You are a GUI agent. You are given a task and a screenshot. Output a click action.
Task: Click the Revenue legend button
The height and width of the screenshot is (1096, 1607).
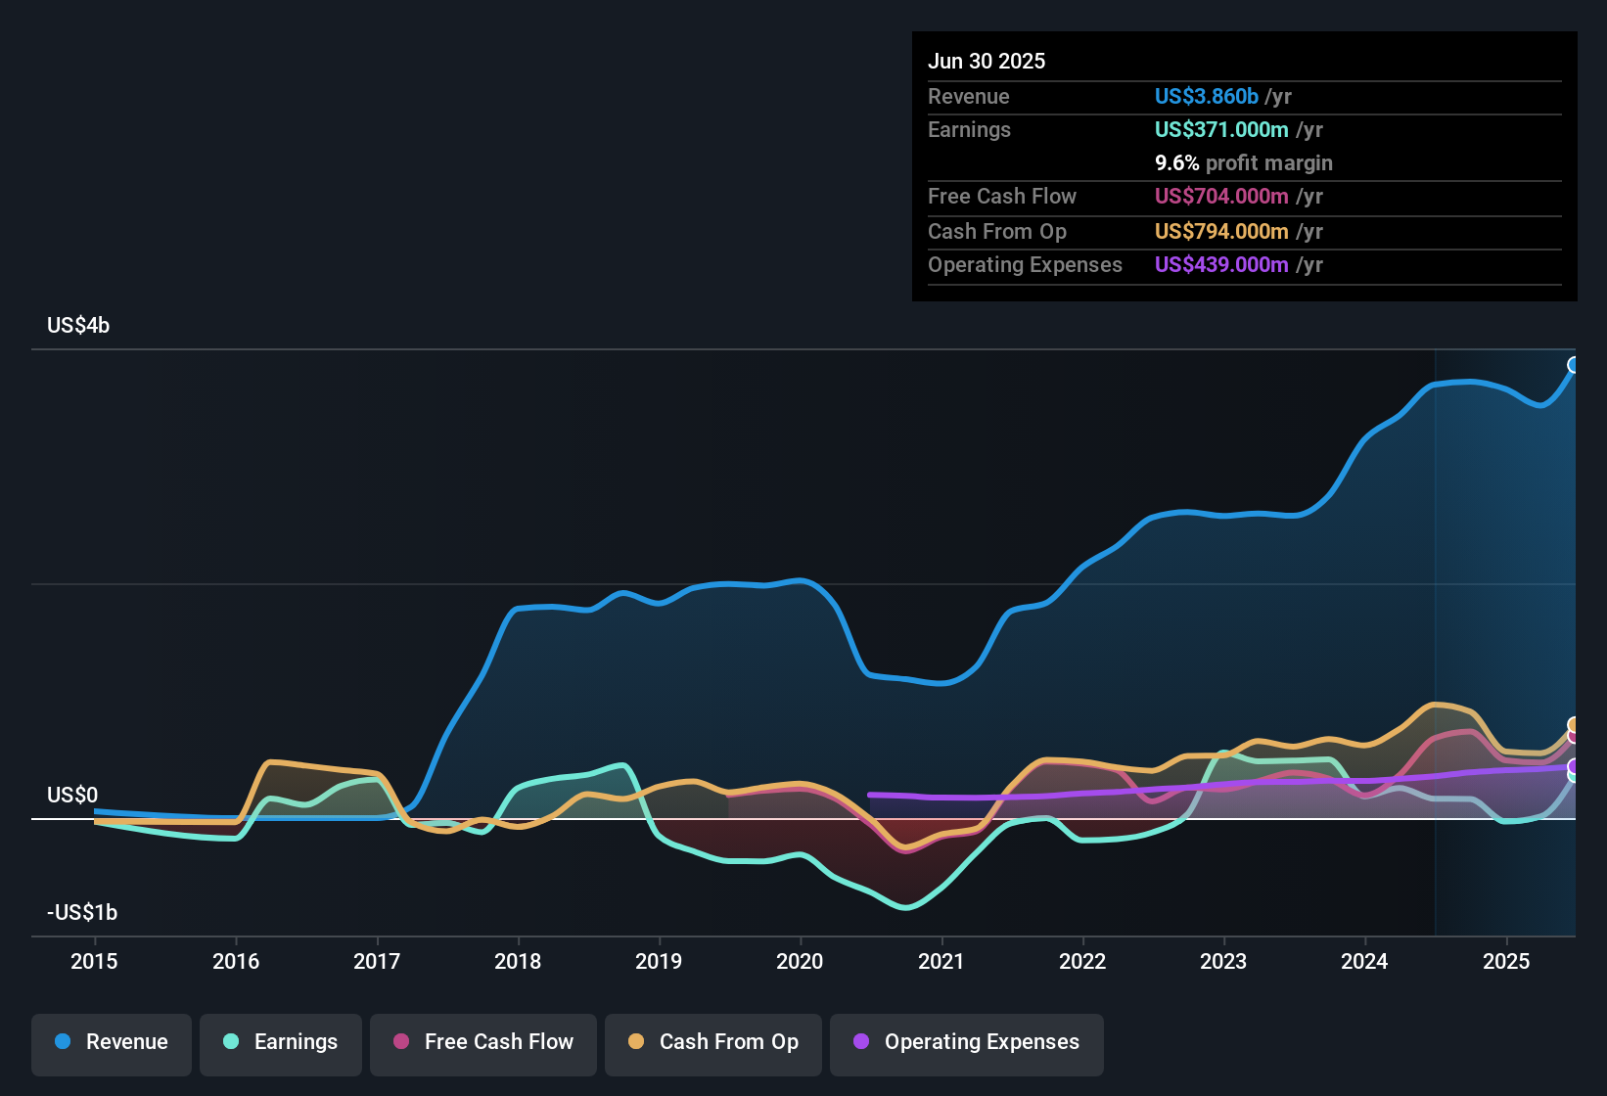[112, 1042]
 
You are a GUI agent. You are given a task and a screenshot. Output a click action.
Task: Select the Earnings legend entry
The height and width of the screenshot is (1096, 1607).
[281, 1042]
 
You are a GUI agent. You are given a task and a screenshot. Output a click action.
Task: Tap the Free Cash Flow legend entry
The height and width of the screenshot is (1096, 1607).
[483, 1042]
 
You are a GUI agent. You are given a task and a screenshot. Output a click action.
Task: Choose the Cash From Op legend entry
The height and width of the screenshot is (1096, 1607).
[713, 1042]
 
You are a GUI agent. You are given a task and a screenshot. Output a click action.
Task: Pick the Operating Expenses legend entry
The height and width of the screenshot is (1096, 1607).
[967, 1042]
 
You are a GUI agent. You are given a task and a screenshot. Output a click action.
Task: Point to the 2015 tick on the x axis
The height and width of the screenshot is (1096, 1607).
[94, 961]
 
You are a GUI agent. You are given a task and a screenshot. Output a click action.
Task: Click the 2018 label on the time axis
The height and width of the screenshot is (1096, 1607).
[518, 961]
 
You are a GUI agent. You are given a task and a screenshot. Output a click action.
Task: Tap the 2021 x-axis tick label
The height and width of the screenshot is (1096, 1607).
[941, 961]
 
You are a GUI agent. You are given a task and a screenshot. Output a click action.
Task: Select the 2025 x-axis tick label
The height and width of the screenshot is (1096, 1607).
[1506, 961]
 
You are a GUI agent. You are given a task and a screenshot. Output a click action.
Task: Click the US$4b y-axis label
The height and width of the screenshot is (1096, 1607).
[78, 326]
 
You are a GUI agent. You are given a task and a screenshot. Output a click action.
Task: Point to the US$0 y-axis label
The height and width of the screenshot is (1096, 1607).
[72, 795]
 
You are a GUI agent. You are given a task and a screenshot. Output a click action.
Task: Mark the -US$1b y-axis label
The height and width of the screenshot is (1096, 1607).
[82, 912]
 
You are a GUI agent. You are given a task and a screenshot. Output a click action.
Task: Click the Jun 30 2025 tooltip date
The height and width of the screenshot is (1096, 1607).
[987, 61]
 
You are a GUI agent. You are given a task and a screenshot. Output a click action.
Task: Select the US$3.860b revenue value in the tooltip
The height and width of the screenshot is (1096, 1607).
[1206, 96]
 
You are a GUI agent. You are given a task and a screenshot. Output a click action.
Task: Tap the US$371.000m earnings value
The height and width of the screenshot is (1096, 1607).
[1221, 129]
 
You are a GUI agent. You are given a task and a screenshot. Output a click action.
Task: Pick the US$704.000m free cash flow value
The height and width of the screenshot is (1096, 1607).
[1221, 196]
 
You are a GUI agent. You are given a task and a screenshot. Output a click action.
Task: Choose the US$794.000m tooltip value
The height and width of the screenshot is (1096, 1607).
[1221, 231]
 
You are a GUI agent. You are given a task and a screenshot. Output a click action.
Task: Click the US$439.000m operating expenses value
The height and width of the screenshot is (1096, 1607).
[1221, 264]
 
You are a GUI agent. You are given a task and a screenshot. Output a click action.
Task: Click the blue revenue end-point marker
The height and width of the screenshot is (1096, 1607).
[1574, 365]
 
